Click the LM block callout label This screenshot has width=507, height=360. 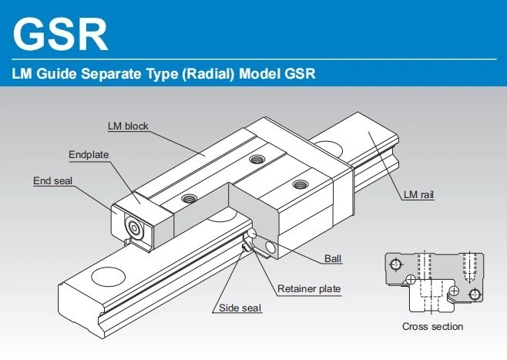[128, 126]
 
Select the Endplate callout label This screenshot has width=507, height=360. [89, 154]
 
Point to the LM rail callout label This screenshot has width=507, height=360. [418, 195]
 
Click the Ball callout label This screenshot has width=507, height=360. [333, 259]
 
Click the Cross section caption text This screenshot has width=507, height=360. [432, 326]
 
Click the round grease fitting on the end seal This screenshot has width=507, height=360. [134, 227]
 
